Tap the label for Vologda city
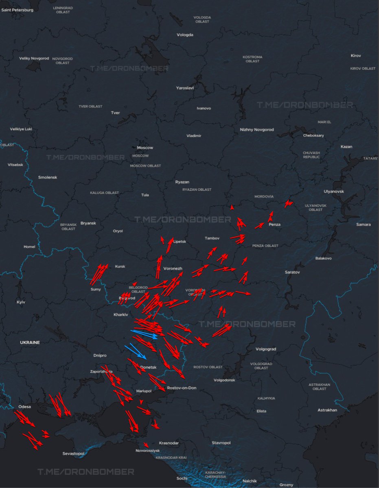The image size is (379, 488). point(185,35)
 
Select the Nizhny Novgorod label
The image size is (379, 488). point(257,130)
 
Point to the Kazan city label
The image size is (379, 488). point(346,147)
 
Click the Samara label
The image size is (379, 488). point(363,224)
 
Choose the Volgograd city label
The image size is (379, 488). point(266,349)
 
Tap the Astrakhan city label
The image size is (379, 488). point(327,410)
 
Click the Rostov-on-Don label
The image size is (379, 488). point(182,388)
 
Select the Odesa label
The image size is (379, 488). point(25,407)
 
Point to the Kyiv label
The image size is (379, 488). point(20,303)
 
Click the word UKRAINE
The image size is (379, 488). point(30,342)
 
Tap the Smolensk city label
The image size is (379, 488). point(48,177)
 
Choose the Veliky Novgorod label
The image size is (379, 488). point(34,59)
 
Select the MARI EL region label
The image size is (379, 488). point(324,122)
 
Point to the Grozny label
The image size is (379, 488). point(286,485)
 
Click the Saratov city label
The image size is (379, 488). point(292,272)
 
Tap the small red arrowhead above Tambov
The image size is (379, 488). point(232,207)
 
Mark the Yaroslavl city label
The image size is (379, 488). point(185,88)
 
